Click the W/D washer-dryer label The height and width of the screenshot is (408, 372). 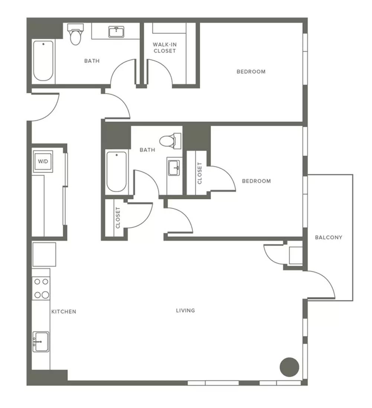pos(43,161)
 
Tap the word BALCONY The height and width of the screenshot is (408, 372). pos(329,237)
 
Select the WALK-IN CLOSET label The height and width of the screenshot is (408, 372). pos(165,47)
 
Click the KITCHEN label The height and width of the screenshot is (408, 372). pos(64,312)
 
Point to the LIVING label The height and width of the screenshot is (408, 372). pos(185,310)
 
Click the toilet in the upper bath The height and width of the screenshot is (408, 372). pos(75,34)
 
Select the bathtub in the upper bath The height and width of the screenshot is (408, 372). pos(43,60)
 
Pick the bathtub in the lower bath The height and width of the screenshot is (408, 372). pos(117,172)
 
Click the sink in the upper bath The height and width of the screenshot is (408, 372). pos(116,32)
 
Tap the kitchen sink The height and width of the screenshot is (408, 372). pos(41,342)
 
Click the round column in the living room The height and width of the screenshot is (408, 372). pos(289,367)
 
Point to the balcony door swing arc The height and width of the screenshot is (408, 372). pos(326,279)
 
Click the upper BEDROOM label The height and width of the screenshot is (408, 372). pos(251,72)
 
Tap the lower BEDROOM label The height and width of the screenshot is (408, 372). pos(256,181)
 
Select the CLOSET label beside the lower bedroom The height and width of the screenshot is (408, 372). pos(200,173)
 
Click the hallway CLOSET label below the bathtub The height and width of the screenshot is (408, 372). pos(118,218)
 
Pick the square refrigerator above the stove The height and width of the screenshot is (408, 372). pos(44,254)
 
